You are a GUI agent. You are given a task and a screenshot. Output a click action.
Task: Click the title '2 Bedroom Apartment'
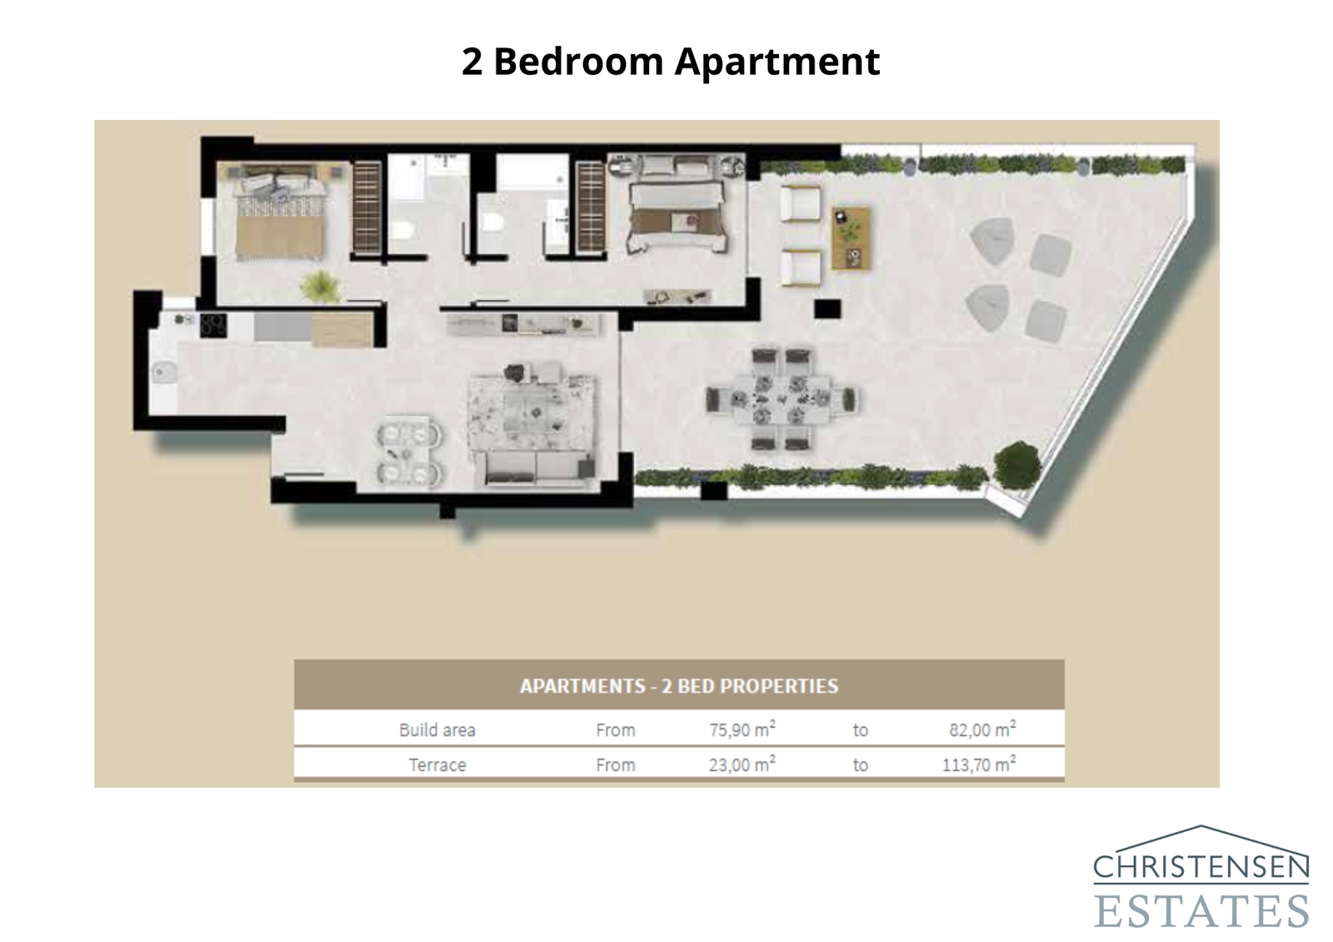[671, 62]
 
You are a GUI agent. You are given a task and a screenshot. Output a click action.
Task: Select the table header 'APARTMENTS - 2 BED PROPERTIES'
[679, 686]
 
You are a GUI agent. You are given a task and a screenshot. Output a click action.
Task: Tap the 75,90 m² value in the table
[741, 730]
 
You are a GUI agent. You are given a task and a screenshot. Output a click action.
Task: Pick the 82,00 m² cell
[981, 730]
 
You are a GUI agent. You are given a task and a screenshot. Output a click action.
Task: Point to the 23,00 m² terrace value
[741, 765]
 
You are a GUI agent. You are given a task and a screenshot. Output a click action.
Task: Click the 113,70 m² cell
[978, 765]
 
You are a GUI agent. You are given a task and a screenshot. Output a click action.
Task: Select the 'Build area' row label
[437, 730]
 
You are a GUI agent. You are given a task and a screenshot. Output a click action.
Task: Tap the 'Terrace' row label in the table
[437, 765]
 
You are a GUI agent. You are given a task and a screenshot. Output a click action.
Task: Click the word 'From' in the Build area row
[615, 730]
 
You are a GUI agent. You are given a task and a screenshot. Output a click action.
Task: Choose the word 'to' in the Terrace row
[860, 765]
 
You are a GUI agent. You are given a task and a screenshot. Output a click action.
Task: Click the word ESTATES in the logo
[1201, 910]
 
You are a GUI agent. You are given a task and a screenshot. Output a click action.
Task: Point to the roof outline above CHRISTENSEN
[1201, 834]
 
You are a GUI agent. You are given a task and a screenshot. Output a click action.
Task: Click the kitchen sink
[163, 371]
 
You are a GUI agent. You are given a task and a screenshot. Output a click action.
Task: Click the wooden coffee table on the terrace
[851, 238]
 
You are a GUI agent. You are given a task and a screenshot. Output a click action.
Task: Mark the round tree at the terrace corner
[1017, 465]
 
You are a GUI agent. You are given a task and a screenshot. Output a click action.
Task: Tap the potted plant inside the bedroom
[320, 286]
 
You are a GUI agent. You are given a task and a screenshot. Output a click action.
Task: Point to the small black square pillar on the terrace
[826, 309]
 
